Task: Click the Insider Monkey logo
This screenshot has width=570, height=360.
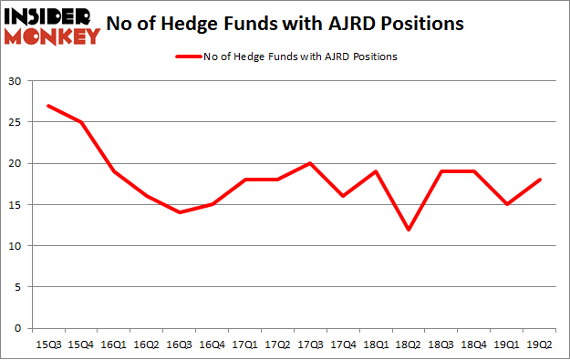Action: (52, 26)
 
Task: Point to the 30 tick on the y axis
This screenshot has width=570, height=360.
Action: (16, 81)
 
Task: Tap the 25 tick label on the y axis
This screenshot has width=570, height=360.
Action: (16, 122)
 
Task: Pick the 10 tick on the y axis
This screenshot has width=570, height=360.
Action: (16, 246)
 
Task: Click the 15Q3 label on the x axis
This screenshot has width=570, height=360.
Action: (47, 345)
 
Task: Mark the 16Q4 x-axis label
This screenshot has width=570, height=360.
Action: (212, 345)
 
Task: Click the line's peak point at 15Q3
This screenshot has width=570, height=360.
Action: (47, 106)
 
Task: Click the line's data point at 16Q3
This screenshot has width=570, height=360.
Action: (180, 212)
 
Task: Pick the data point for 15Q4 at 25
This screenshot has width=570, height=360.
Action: (80, 122)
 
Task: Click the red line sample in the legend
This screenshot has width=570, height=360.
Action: (186, 57)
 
